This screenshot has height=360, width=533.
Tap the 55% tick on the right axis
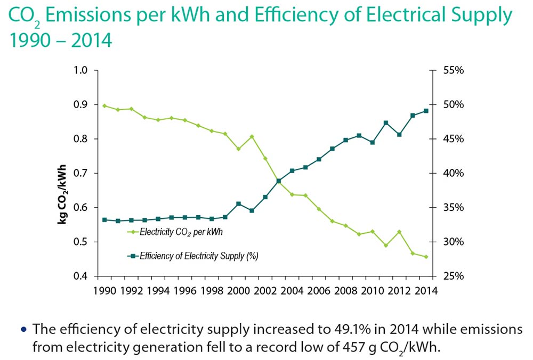pos(451,70)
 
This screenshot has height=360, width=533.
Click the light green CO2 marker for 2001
pos(252,136)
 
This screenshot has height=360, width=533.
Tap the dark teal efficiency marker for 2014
pos(426,111)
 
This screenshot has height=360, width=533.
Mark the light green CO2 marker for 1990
pos(104,105)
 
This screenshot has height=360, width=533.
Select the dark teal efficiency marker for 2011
pos(385,123)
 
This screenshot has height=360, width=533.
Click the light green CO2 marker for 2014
pos(426,257)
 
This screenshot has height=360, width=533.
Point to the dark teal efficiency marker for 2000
pos(238,204)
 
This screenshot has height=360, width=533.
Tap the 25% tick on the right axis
pos(451,276)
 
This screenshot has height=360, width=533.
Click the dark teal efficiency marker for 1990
pos(104,219)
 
